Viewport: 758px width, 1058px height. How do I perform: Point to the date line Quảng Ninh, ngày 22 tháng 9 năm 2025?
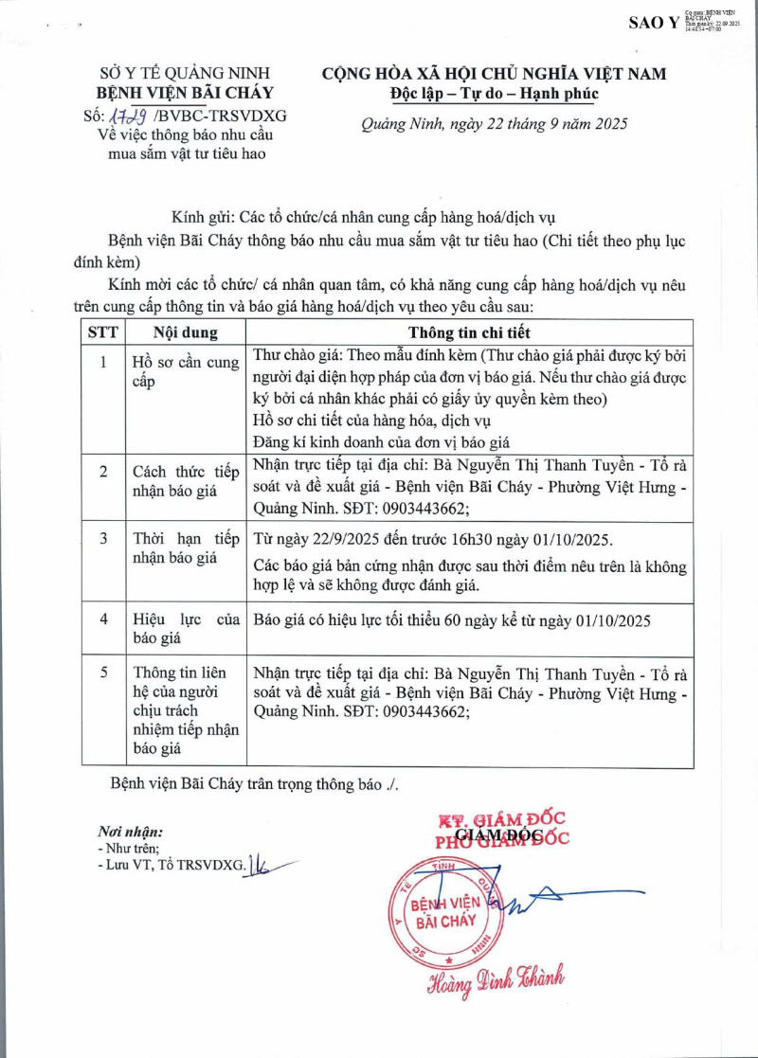tap(494, 124)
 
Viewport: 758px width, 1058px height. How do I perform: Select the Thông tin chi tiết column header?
tap(469, 332)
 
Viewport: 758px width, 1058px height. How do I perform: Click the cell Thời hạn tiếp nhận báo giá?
tap(186, 547)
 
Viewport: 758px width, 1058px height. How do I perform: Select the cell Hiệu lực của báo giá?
tap(186, 629)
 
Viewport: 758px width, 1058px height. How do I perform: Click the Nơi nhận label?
tap(130, 831)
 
